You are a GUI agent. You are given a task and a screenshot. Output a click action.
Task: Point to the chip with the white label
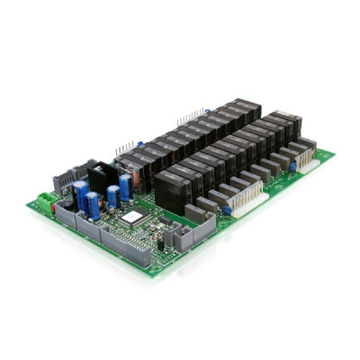[132, 220]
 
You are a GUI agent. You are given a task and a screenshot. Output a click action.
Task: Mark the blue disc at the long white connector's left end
[227, 209]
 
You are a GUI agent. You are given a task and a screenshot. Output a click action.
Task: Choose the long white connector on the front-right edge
[253, 193]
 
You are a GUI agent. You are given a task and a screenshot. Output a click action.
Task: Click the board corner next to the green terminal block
[30, 205]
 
